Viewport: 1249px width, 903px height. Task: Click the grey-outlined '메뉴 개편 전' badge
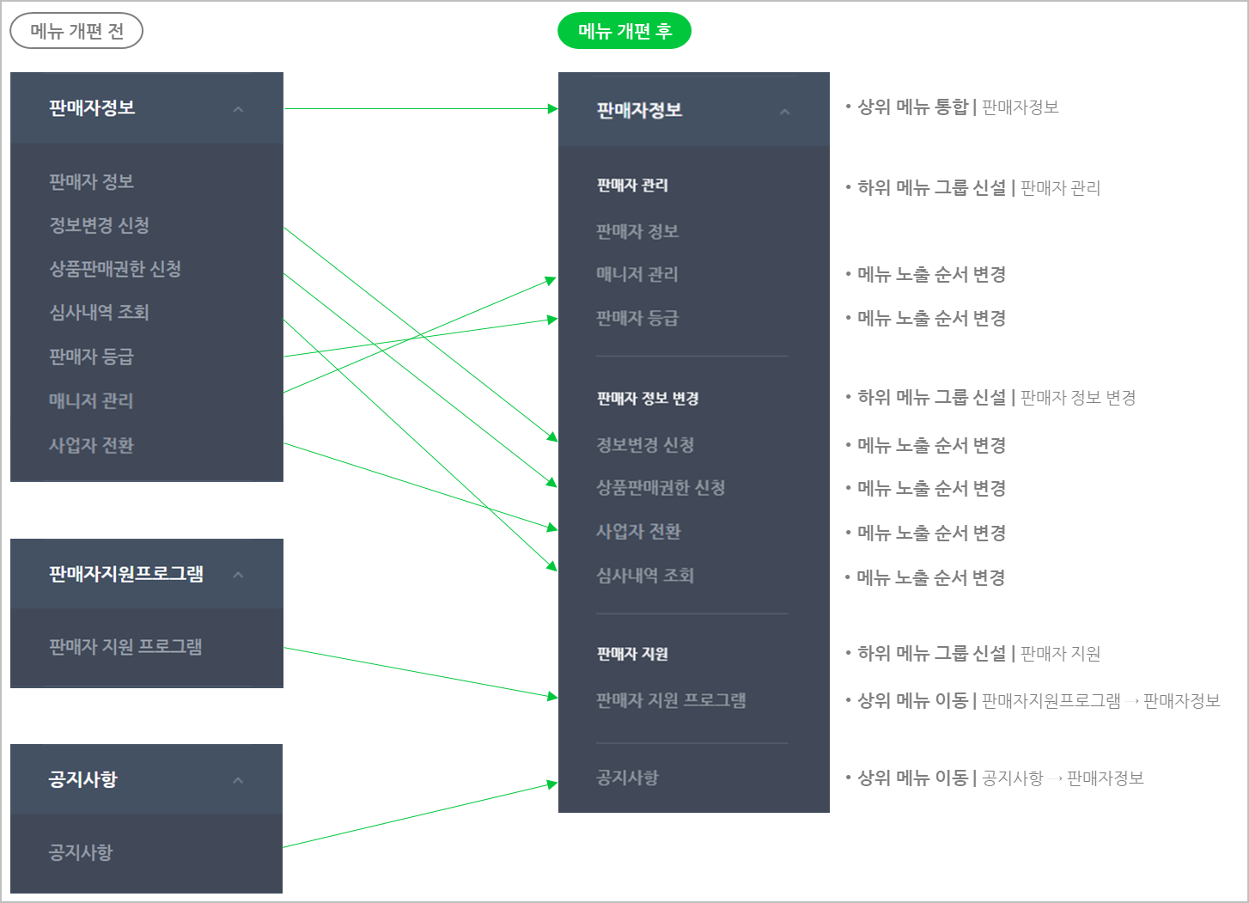click(x=76, y=32)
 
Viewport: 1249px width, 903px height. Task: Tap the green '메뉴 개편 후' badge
click(x=624, y=32)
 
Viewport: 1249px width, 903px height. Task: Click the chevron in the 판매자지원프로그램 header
click(x=238, y=575)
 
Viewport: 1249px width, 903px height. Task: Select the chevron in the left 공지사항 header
click(x=238, y=780)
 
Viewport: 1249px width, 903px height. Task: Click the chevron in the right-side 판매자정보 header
click(x=784, y=112)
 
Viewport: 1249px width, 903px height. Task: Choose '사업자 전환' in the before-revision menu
click(x=92, y=445)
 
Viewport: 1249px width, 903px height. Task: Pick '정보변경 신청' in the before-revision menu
click(x=100, y=225)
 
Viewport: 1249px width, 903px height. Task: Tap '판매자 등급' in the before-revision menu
click(x=92, y=357)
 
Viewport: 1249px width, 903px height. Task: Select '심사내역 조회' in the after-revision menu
click(x=645, y=576)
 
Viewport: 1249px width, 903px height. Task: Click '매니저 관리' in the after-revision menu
click(x=637, y=274)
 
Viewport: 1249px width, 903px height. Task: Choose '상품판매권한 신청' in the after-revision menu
click(x=661, y=488)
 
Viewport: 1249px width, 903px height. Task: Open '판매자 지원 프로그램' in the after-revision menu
click(x=671, y=700)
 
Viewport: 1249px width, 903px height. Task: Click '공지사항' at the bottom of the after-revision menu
click(x=628, y=778)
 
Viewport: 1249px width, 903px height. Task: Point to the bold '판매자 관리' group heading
click(x=632, y=186)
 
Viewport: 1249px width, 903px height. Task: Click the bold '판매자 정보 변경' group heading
click(x=648, y=399)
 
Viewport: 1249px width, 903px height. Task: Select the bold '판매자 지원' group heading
click(x=632, y=654)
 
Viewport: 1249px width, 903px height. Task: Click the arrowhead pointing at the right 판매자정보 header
click(x=552, y=109)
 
